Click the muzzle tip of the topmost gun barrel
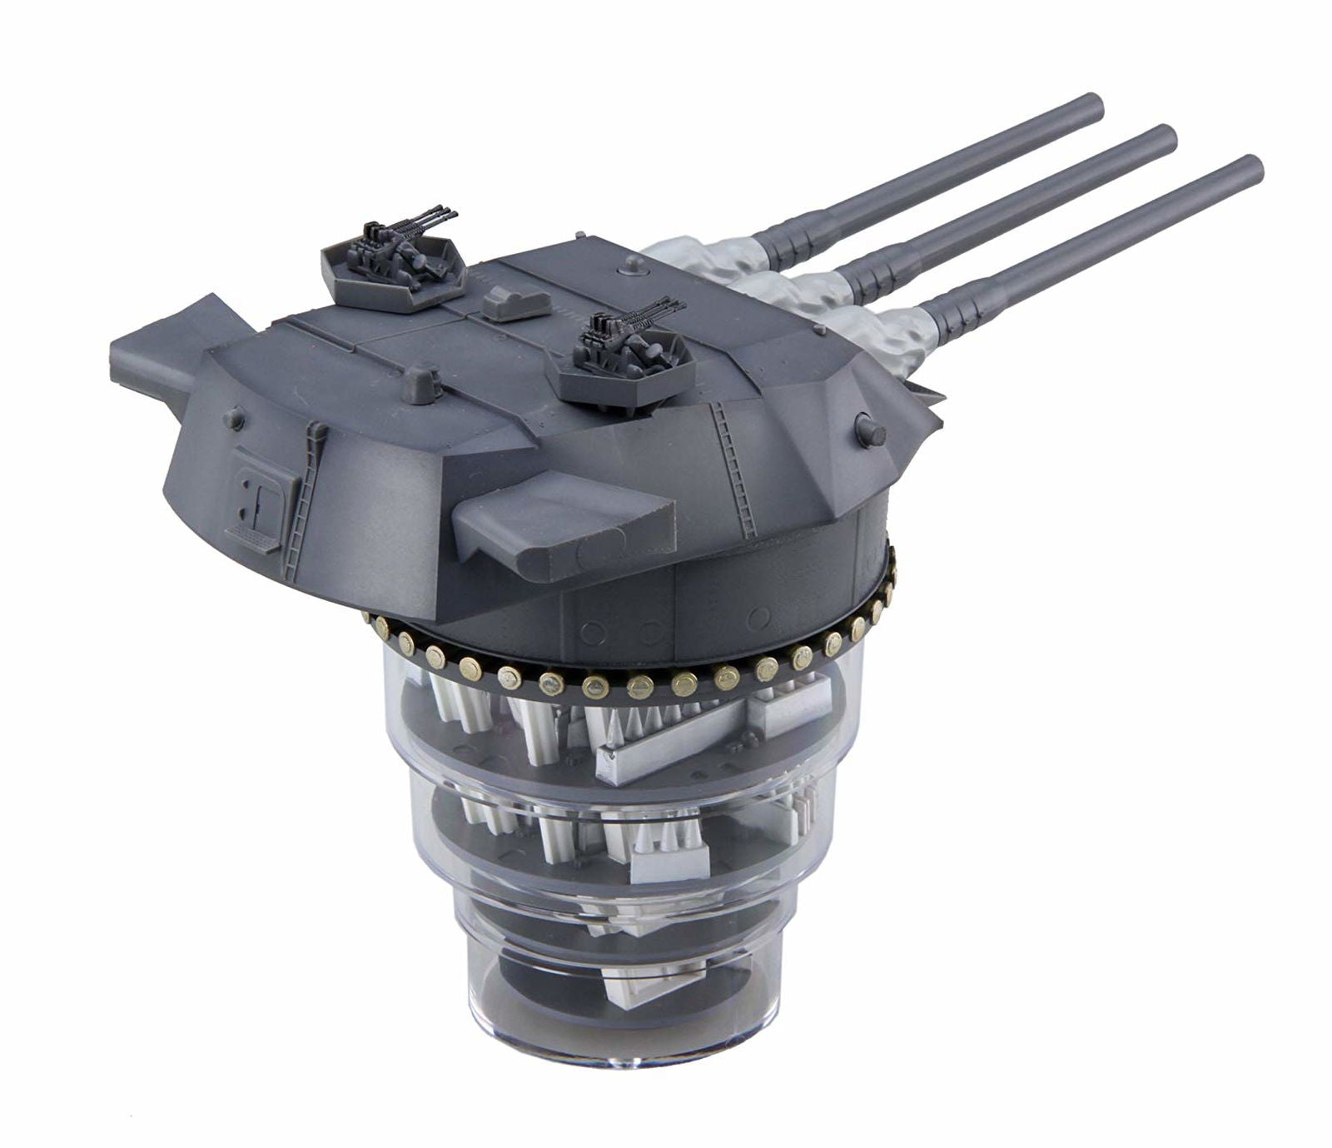pos(1092,107)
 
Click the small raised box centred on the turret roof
pos(516,301)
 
